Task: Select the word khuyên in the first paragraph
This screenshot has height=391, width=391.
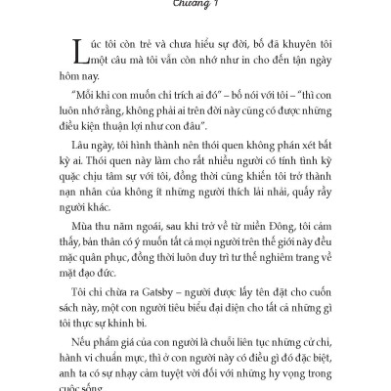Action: coord(275,45)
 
